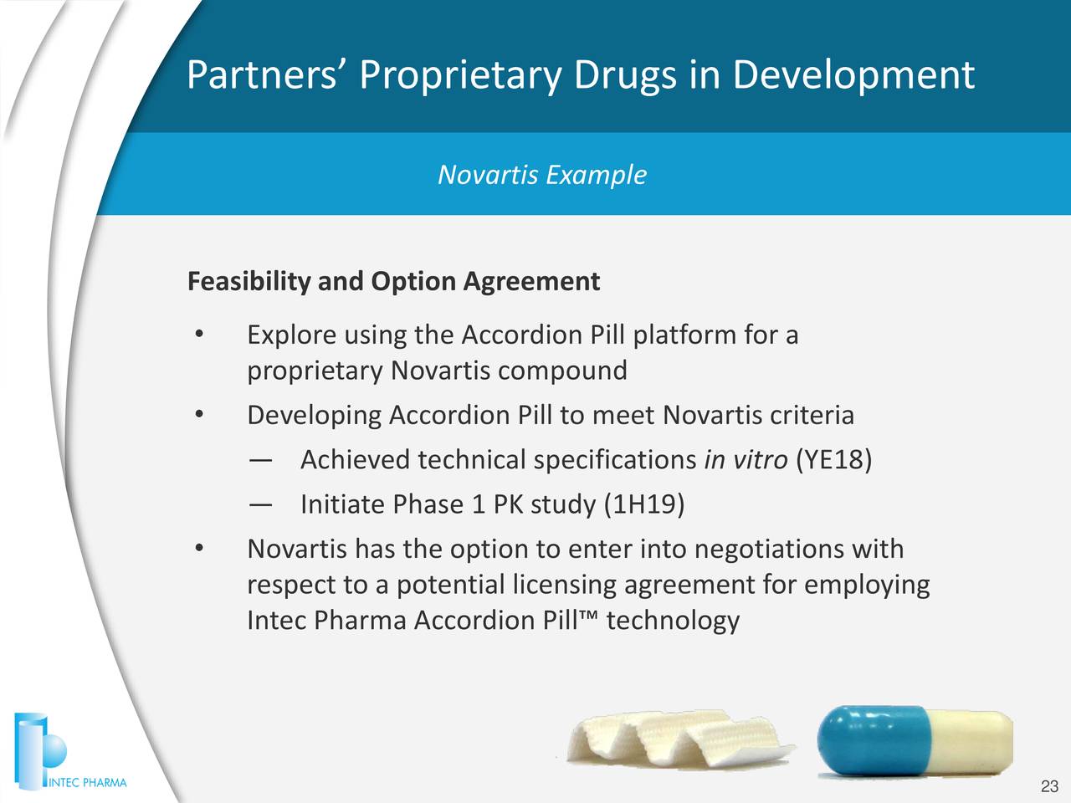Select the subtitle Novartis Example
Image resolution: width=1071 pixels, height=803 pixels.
point(542,175)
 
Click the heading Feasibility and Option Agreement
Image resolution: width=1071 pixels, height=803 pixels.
point(393,281)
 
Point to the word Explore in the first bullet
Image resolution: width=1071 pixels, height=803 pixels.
point(291,335)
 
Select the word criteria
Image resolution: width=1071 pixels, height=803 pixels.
point(812,415)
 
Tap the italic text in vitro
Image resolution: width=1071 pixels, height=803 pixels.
point(746,459)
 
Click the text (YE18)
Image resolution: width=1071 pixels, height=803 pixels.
point(834,459)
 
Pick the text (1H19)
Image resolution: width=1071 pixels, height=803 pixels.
point(643,504)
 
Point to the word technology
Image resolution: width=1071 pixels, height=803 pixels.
point(673,621)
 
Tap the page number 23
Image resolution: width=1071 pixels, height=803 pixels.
point(1049,786)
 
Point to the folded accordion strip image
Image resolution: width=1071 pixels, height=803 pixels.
point(678,739)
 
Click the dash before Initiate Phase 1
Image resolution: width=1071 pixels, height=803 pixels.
point(259,504)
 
